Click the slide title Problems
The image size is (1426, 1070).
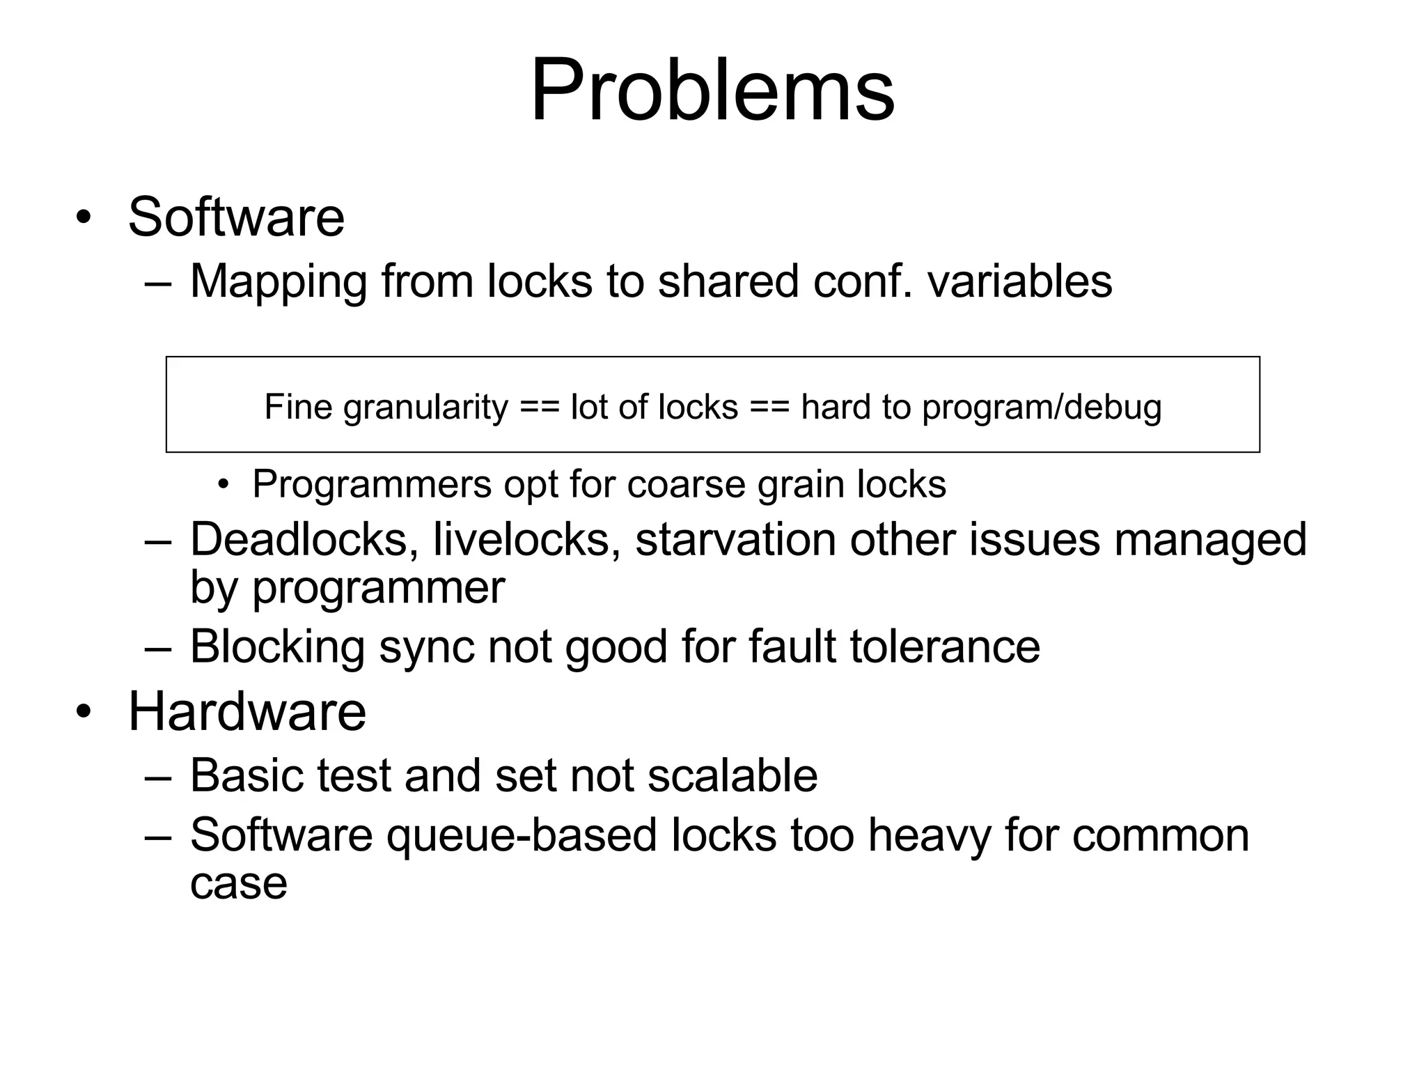[x=712, y=91]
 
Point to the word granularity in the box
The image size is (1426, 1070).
[x=425, y=408]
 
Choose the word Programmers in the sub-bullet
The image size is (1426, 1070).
[x=372, y=483]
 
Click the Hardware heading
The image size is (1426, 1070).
[x=247, y=711]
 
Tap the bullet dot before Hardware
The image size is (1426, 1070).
[x=84, y=713]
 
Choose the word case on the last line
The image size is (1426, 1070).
[x=238, y=883]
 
